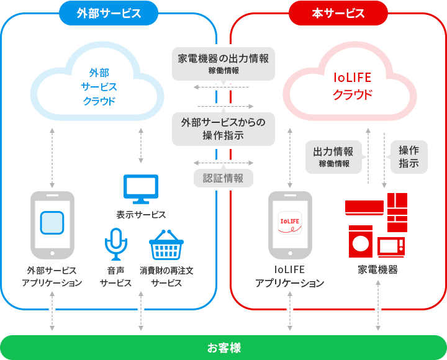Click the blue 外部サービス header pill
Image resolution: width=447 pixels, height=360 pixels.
109,13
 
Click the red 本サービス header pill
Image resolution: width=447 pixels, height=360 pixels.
338,13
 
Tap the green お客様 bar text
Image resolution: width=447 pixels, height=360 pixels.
223,348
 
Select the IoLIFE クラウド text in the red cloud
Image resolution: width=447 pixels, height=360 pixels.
353,86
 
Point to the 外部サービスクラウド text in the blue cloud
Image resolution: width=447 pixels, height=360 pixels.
99,87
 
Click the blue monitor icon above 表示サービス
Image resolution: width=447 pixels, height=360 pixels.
141,189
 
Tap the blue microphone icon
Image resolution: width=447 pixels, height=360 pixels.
115,244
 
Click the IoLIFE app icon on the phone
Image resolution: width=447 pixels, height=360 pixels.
290,223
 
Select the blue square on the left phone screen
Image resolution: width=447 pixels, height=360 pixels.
52,223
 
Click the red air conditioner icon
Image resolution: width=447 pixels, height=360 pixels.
364,208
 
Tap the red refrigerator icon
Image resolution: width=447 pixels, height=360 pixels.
397,212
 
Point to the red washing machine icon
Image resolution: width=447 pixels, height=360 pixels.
361,241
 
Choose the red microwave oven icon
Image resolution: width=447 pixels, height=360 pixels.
391,247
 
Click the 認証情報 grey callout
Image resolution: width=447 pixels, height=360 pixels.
223,178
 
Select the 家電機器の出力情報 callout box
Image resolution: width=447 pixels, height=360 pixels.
223,64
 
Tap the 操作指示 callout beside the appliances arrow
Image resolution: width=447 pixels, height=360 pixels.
409,157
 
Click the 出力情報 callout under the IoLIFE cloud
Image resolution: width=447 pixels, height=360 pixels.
333,157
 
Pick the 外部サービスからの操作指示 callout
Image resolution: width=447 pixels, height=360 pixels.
223,129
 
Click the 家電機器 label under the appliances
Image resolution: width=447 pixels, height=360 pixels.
377,269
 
